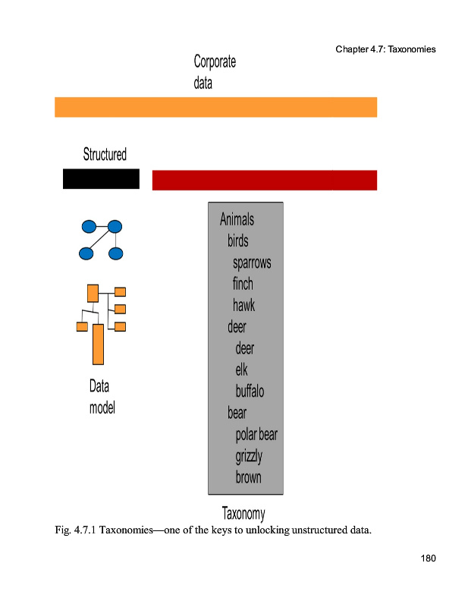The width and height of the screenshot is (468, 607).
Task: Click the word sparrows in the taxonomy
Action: pyautogui.click(x=252, y=263)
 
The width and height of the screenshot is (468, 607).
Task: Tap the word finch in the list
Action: pyautogui.click(x=243, y=284)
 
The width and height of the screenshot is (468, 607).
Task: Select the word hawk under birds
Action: pyautogui.click(x=243, y=305)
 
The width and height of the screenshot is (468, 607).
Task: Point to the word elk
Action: pyautogui.click(x=241, y=370)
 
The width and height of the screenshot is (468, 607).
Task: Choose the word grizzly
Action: pyautogui.click(x=249, y=456)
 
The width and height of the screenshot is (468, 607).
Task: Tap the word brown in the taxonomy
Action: pyautogui.click(x=248, y=477)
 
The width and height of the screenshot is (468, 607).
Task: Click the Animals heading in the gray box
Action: pyautogui.click(x=237, y=220)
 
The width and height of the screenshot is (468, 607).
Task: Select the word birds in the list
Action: pyautogui.click(x=237, y=241)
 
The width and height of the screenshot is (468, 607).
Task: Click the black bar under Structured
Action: pyautogui.click(x=101, y=179)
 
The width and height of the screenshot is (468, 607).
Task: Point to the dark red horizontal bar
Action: pyautogui.click(x=264, y=180)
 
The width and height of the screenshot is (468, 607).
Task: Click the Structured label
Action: pyautogui.click(x=105, y=155)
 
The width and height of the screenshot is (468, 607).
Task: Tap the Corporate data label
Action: pyautogui.click(x=215, y=72)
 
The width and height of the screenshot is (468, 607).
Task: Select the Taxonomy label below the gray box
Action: pyautogui.click(x=243, y=514)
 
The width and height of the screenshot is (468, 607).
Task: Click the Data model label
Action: pyautogui.click(x=102, y=397)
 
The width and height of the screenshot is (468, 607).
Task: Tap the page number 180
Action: pyautogui.click(x=429, y=559)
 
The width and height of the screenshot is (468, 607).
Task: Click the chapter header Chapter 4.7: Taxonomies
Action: pyautogui.click(x=385, y=49)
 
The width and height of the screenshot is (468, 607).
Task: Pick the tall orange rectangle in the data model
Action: pyautogui.click(x=98, y=344)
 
